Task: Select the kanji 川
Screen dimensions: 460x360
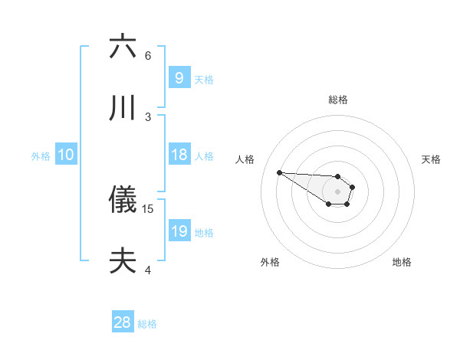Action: (123, 108)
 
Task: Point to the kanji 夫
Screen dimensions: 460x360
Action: (123, 261)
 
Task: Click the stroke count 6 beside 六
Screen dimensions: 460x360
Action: (148, 56)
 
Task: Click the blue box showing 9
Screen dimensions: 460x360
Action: (179, 77)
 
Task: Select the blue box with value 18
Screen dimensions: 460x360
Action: (179, 155)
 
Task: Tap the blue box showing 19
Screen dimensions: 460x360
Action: (179, 231)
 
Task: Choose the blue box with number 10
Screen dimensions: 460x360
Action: (65, 155)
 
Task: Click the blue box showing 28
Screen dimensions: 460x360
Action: (122, 322)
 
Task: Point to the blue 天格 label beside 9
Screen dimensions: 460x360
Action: (204, 80)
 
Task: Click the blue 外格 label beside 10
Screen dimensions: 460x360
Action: (41, 156)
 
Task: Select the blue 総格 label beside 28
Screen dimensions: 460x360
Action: (147, 324)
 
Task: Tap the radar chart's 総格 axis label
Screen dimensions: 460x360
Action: (337, 100)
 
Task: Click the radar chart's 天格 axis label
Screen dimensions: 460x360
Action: (431, 159)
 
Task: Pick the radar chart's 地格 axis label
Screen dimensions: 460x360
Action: (402, 262)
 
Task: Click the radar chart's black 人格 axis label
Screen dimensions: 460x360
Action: (245, 159)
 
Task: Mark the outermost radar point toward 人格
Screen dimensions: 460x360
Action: (279, 172)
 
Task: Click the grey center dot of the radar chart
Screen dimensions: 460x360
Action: (337, 191)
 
